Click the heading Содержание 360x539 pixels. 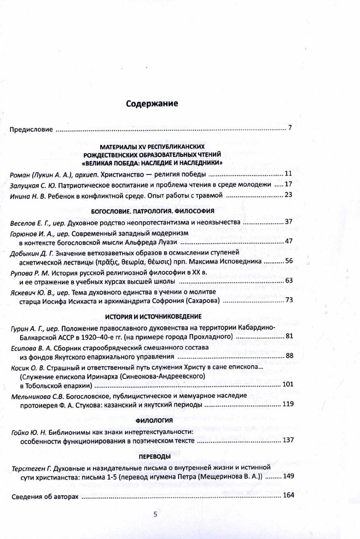tap(151, 104)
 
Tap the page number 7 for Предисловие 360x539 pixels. tap(290, 129)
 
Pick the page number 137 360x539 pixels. tap(288, 440)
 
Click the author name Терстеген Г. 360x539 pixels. tap(28, 467)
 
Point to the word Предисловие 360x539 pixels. tap(31, 129)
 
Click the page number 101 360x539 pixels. tap(288, 385)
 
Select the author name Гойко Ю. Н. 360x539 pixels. tap(28, 432)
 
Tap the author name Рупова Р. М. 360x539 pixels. tap(28, 273)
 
